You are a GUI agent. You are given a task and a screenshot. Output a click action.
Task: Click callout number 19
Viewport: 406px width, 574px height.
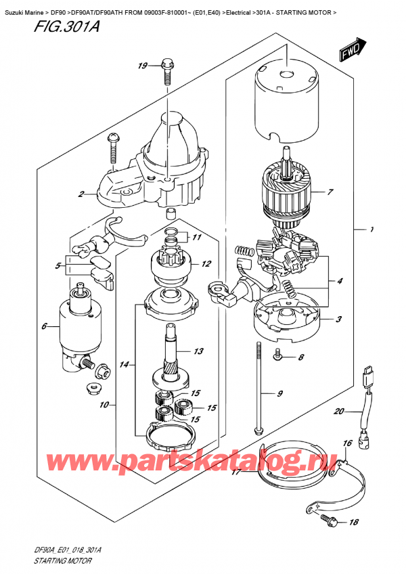(143, 66)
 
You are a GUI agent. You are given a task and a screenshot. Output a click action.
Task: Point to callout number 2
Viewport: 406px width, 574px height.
(81, 195)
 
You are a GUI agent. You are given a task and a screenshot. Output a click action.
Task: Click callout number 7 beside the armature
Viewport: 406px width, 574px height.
(330, 192)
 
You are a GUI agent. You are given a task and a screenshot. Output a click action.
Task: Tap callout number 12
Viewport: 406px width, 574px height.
(206, 264)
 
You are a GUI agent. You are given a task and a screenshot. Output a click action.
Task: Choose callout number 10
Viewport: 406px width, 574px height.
(104, 405)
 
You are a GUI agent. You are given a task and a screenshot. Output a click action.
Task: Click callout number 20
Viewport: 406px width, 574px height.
(340, 411)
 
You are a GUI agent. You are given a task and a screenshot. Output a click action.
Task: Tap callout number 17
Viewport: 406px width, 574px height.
(236, 473)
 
